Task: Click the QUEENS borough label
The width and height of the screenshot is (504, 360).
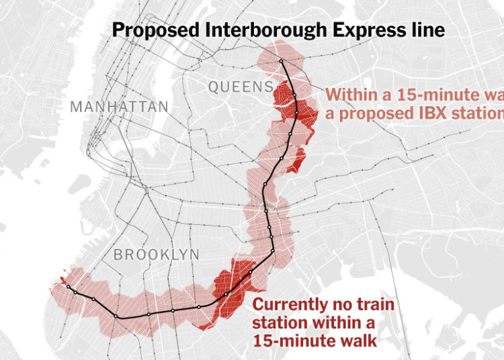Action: point(241,87)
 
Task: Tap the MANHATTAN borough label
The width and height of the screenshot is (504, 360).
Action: point(119,107)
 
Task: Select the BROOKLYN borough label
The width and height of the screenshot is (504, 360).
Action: point(157,255)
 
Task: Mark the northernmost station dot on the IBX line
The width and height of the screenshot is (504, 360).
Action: point(282,62)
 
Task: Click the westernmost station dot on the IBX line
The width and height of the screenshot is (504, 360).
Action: point(68,287)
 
